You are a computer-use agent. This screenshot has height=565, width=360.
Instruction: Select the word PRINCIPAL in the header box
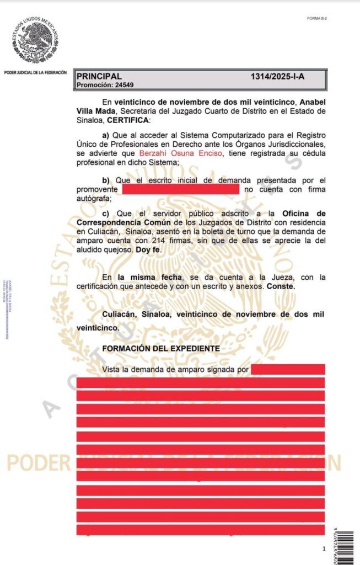pos(99,77)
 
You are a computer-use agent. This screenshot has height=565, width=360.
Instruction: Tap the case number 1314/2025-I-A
pos(277,77)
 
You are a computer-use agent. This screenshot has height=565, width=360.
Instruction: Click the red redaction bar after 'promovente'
pos(180,189)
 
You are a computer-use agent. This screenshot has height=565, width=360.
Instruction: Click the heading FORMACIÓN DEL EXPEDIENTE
pos(161,349)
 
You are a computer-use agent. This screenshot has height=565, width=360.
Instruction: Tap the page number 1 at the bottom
pos(324,549)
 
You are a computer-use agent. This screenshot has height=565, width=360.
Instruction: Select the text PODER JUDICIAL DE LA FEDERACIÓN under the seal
pos(35,72)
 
